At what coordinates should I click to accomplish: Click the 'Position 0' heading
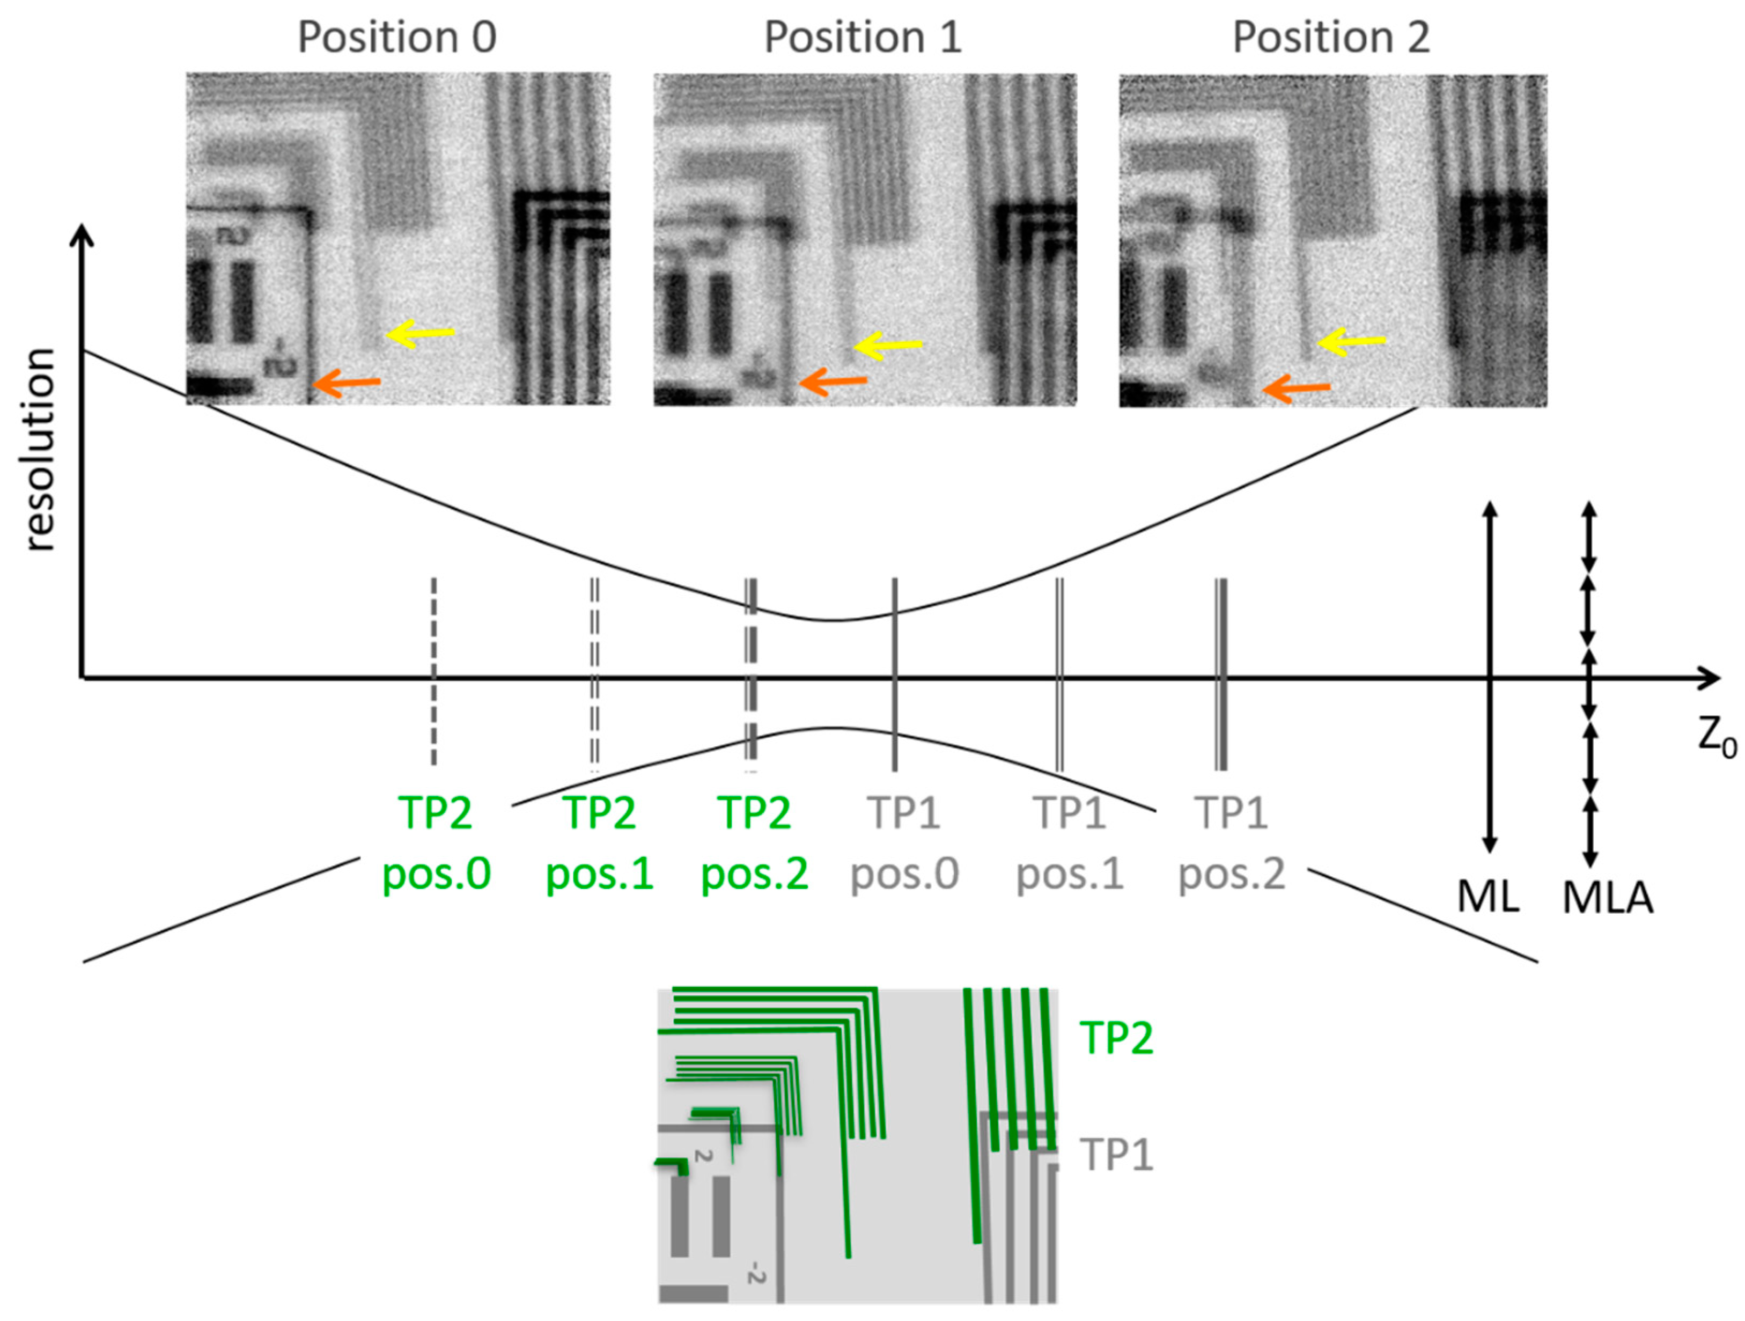[397, 37]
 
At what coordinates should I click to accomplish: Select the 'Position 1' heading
[863, 37]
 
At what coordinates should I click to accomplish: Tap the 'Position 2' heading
[1331, 37]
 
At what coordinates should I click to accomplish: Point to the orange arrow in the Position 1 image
[833, 382]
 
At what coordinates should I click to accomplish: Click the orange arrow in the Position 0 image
[347, 384]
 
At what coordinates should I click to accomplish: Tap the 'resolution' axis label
[40, 450]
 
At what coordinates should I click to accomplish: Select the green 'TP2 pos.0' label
[436, 843]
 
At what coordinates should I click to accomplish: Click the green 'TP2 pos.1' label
[600, 843]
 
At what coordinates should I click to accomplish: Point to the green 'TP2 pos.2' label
[754, 843]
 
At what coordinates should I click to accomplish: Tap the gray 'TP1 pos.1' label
[1070, 843]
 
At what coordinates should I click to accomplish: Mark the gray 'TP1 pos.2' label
[1232, 843]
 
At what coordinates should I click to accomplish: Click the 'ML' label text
[1488, 897]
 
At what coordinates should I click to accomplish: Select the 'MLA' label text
[1608, 897]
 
